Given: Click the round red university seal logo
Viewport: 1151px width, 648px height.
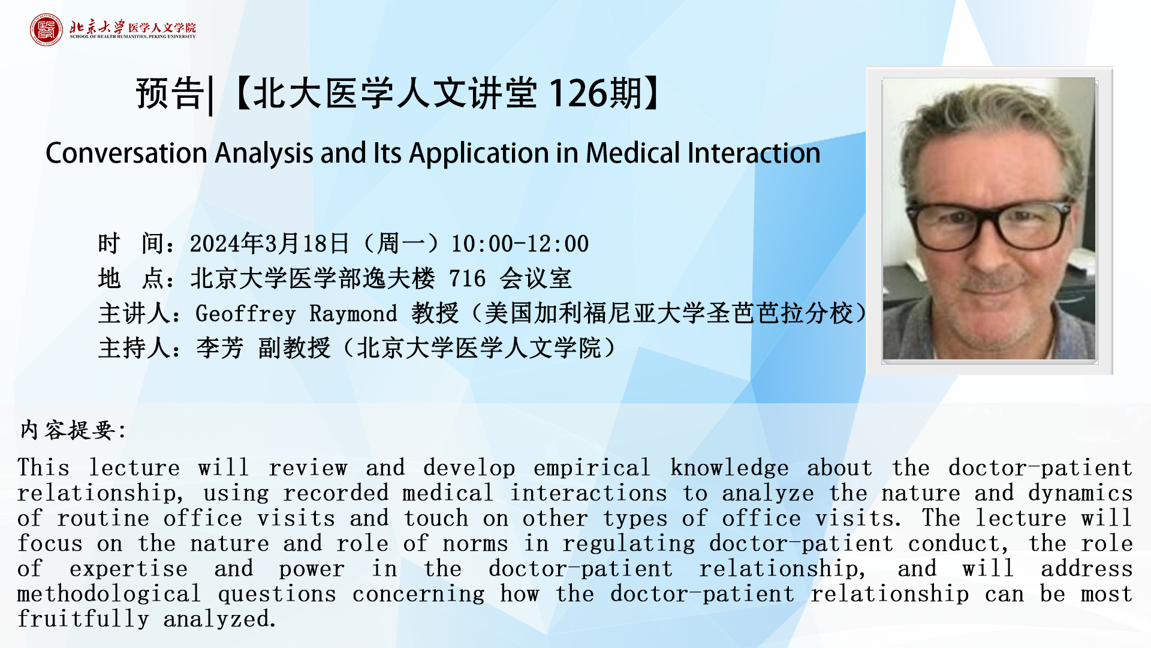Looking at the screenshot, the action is coord(46,29).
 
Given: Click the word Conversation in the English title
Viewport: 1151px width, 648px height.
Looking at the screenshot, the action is coord(126,153).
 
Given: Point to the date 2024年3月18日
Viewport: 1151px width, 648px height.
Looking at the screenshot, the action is coord(270,244).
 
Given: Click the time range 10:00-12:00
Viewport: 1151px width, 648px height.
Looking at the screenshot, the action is coord(520,244).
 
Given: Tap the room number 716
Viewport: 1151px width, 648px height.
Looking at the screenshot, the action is coord(467,279).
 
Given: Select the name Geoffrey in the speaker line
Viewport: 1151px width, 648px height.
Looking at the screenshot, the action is coord(246,314).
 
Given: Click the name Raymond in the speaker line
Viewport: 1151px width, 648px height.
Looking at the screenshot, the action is coord(353,314).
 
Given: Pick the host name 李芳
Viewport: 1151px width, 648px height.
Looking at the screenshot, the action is coord(219,348).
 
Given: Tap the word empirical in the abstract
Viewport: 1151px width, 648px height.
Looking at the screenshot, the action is coord(591,468).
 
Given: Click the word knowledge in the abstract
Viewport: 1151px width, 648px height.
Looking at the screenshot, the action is coord(729,468).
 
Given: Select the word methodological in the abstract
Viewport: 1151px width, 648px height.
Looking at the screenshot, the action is coord(109,594).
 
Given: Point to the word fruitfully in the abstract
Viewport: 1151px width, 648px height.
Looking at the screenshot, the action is coord(83,619).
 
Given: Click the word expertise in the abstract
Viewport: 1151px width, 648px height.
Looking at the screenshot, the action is coord(128,569).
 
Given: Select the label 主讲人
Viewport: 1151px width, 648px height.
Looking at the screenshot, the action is coord(134,314).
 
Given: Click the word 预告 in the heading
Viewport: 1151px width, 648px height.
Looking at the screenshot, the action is coord(170,94).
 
